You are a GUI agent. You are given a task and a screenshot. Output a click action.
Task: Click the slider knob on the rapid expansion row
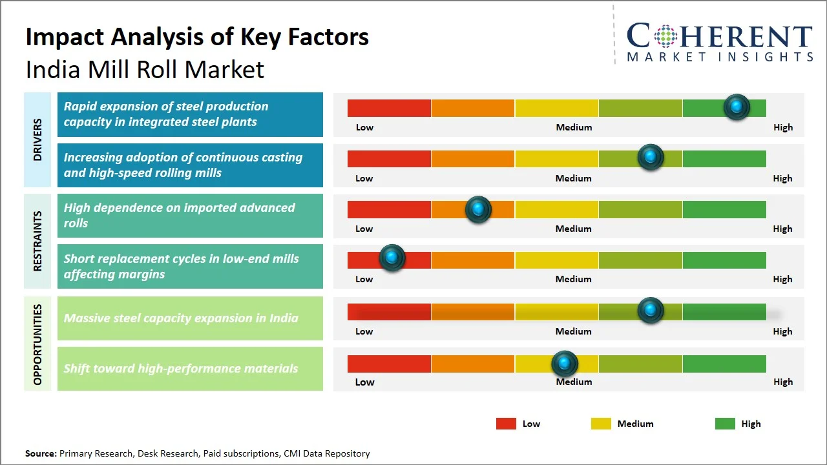click(737, 107)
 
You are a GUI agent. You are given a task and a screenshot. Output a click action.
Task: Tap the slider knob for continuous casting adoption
click(651, 157)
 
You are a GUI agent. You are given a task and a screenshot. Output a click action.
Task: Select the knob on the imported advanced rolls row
click(478, 209)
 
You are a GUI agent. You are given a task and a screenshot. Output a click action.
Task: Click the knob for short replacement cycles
click(392, 258)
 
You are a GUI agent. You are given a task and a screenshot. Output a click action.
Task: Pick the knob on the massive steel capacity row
click(651, 310)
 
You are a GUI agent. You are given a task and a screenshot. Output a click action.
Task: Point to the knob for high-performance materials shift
click(565, 364)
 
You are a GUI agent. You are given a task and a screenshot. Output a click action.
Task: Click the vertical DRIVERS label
click(37, 139)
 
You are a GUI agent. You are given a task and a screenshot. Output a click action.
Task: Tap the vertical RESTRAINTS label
click(37, 241)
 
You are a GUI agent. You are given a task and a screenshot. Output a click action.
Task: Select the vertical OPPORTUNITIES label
click(37, 344)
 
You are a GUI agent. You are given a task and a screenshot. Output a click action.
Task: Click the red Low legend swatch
click(506, 424)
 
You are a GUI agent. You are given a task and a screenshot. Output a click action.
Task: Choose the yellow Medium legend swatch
click(601, 424)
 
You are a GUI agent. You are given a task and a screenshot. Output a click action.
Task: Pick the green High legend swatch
click(725, 424)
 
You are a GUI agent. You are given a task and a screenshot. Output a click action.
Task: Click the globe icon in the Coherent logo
click(665, 36)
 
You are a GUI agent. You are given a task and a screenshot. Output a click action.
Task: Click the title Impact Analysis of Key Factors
click(197, 37)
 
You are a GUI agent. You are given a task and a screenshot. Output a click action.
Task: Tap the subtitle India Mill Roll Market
click(145, 69)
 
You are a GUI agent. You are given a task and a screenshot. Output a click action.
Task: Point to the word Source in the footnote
click(40, 453)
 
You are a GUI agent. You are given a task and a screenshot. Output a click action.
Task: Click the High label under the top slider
click(782, 127)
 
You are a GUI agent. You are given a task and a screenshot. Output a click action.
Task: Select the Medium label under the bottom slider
click(574, 382)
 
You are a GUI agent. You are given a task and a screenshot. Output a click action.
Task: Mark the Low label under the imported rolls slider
click(364, 229)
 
